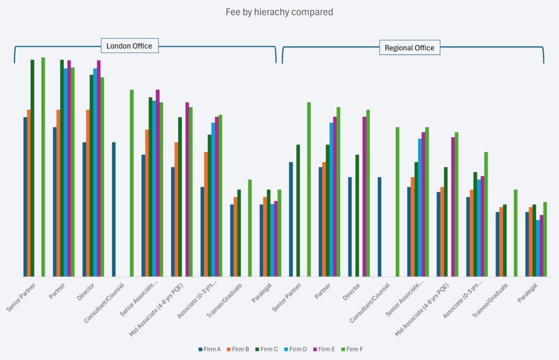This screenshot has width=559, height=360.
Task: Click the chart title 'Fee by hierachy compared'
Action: tap(279, 12)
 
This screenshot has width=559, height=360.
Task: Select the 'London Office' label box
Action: tap(129, 46)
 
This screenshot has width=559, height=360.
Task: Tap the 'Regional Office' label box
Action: tap(409, 47)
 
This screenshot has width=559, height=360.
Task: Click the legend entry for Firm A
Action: tap(209, 349)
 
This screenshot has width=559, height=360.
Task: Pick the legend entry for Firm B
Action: tap(237, 349)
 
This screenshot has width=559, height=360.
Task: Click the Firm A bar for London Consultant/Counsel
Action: tap(114, 209)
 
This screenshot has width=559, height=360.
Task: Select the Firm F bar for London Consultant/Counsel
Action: tap(132, 183)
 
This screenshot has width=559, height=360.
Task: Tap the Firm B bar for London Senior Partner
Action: tap(29, 193)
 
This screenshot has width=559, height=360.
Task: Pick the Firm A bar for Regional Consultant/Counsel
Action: tap(379, 227)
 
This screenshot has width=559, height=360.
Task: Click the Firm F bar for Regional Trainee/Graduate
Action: tap(515, 233)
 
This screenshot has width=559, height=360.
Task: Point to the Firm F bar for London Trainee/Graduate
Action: tap(249, 228)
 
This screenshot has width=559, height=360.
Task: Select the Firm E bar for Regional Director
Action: tap(364, 196)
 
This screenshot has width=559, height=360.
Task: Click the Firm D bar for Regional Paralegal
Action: tap(538, 248)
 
